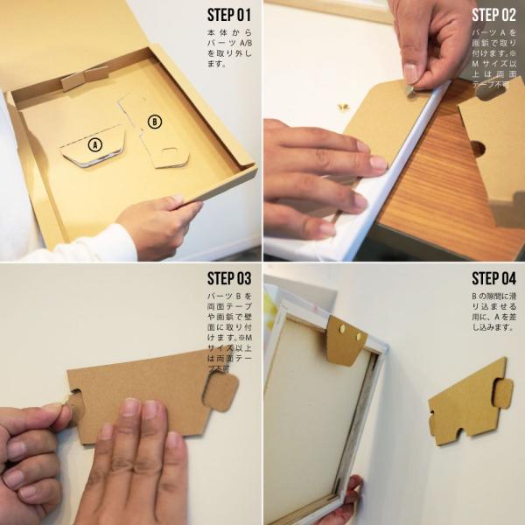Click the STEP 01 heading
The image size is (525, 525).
coord(228,15)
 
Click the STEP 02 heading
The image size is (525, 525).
coord(493,15)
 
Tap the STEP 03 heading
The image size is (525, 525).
coord(228,278)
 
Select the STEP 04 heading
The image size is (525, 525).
coord(493,278)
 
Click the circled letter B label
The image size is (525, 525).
coord(154,122)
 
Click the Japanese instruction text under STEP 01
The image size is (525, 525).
coord(228,51)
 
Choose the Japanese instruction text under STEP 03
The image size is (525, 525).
coord(228,332)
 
